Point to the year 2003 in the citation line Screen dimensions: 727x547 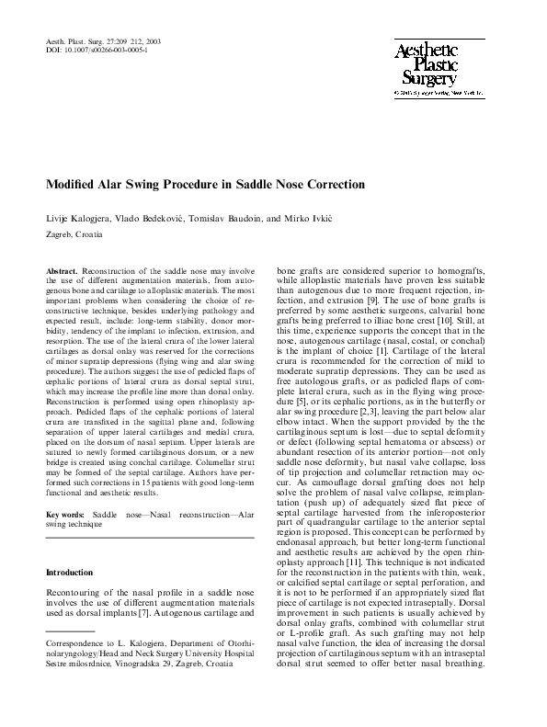tap(154, 41)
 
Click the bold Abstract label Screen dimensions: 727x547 tap(63, 273)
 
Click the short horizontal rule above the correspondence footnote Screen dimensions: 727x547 tap(71, 631)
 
